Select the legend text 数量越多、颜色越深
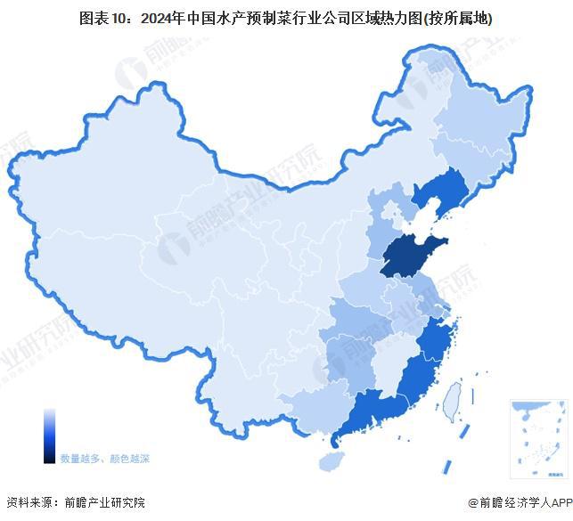(x=104, y=459)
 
